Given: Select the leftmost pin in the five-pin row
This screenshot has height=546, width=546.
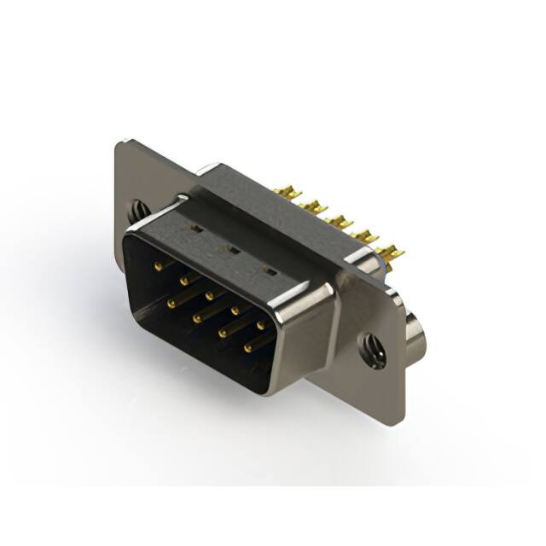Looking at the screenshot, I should click(159, 266).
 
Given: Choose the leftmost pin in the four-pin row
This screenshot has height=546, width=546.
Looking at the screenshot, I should click(172, 302).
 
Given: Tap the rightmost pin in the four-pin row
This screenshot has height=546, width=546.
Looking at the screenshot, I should click(249, 347).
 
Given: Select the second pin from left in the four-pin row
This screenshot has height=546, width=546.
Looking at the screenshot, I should click(197, 317).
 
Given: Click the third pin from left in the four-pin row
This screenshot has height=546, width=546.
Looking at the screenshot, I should click(223, 333).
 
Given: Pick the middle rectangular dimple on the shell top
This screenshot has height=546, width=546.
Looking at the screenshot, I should click(229, 250).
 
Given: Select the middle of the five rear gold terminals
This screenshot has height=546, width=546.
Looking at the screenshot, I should click(340, 223).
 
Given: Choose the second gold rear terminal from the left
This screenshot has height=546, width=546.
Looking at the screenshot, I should click(313, 207).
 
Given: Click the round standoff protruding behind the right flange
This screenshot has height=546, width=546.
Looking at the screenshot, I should click(415, 334).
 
